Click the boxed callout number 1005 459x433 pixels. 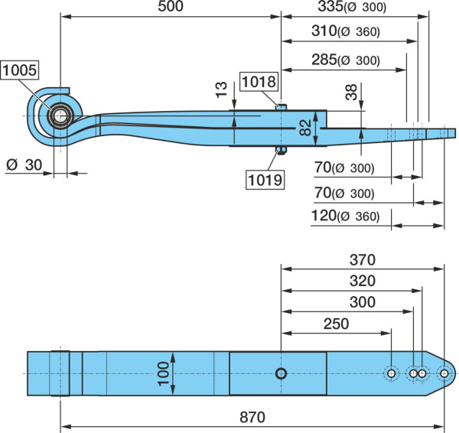click(20, 70)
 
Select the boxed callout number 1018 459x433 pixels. click(259, 81)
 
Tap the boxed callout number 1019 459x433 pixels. click(265, 180)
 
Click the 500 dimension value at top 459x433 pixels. click(171, 6)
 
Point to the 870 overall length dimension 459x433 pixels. click(252, 417)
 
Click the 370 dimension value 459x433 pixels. click(363, 259)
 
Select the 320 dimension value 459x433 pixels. click(363, 281)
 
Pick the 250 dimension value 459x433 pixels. click(336, 324)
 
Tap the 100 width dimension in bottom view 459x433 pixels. click(164, 374)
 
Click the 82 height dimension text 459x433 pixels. click(305, 128)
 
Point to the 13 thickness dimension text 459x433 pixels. click(221, 90)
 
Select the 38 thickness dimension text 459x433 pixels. click(351, 93)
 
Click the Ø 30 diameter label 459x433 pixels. click(24, 165)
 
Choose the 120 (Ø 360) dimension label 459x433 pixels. click(345, 216)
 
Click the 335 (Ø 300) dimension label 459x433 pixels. click(352, 7)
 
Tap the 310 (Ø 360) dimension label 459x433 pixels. click(346, 31)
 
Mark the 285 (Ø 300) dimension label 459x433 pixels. click(346, 60)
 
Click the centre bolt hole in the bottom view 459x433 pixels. click(282, 373)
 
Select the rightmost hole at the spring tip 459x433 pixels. click(444, 373)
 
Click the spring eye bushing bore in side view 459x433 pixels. click(60, 116)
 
